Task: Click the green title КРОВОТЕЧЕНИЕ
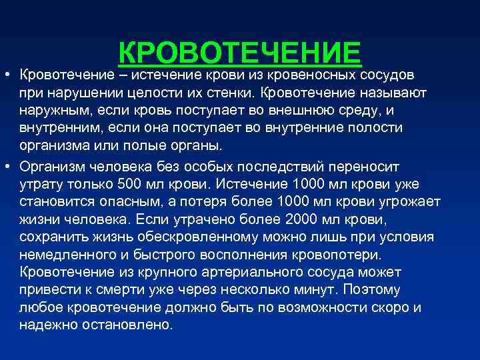coord(239,54)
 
